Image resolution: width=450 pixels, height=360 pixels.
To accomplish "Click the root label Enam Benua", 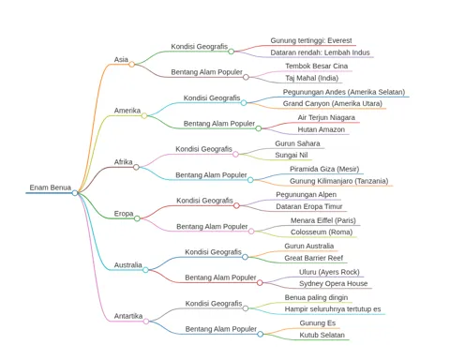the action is [x=50, y=187].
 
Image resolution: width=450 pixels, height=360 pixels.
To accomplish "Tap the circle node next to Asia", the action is [x=132, y=65].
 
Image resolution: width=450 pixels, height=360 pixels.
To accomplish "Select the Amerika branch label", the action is [x=127, y=111].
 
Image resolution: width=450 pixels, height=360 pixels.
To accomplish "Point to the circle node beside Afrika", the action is [x=136, y=167].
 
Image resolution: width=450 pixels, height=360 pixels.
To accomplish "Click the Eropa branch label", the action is [x=124, y=214].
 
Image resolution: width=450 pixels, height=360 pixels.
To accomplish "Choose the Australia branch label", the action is [x=127, y=265].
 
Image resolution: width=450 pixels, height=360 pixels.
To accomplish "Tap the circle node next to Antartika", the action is [x=146, y=322].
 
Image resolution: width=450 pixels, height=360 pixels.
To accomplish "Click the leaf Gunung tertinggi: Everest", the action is [x=311, y=40].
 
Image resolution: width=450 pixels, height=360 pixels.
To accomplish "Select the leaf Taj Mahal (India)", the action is [x=311, y=78].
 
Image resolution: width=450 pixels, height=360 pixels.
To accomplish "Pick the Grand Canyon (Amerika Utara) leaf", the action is [x=333, y=103].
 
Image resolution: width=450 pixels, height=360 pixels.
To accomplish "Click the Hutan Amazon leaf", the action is [x=321, y=129].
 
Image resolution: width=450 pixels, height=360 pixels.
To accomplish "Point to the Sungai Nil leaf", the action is [x=292, y=155].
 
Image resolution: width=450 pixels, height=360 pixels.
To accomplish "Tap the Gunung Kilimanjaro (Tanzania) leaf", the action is [x=338, y=181].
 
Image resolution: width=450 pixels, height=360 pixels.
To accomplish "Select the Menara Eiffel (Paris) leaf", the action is [x=322, y=220].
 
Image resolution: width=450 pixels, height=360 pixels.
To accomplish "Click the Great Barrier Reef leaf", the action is [x=313, y=258].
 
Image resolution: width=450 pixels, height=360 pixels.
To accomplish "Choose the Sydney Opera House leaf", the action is [x=333, y=284].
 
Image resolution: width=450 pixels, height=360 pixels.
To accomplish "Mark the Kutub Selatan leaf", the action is [x=322, y=335].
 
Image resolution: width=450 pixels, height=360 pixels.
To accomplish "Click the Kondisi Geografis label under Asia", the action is [x=199, y=47].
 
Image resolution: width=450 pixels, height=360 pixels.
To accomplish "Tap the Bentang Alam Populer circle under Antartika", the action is [x=261, y=334].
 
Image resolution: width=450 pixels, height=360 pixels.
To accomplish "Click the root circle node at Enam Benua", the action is [x=75, y=193].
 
